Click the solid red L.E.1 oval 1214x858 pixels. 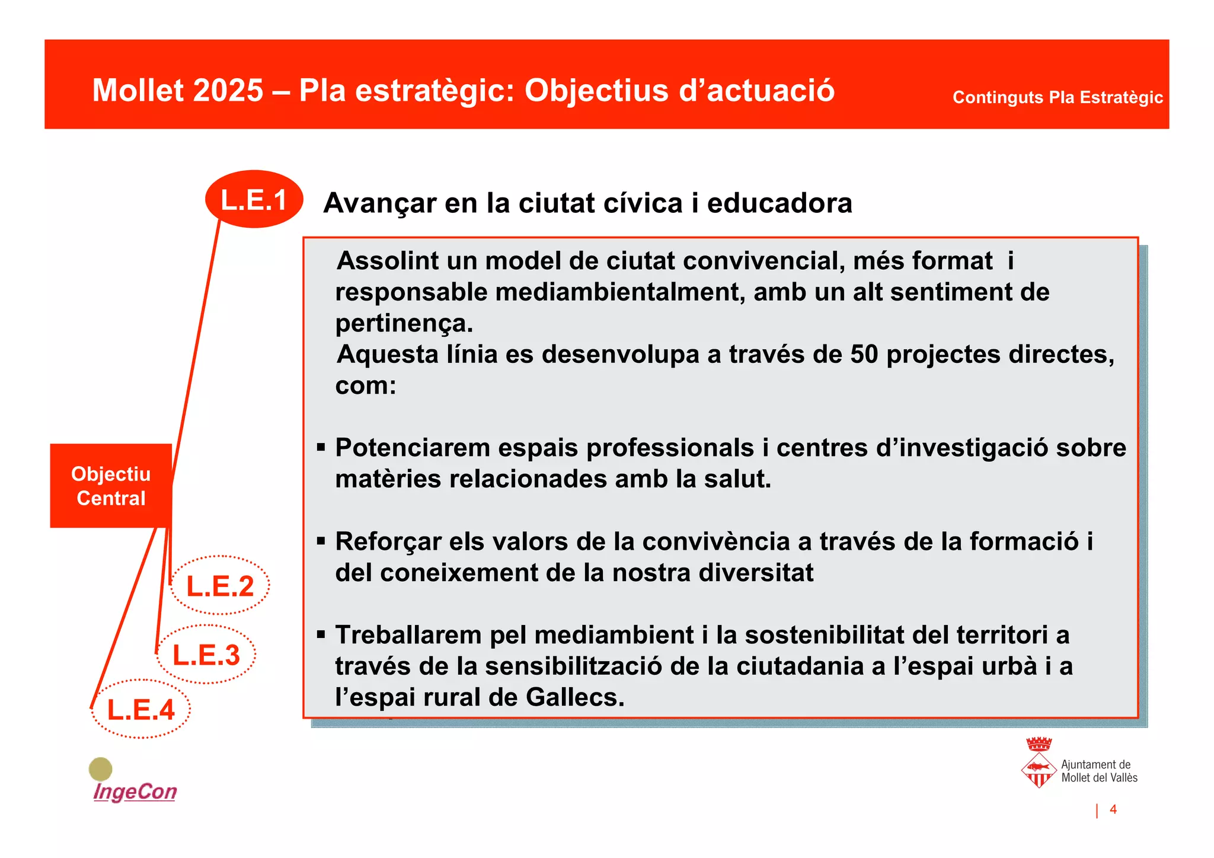(x=254, y=199)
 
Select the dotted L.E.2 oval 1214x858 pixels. (x=220, y=585)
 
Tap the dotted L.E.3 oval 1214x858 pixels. (x=206, y=654)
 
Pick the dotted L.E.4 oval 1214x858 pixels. (x=140, y=709)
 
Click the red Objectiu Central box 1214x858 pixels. (x=111, y=486)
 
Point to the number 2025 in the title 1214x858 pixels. (x=228, y=91)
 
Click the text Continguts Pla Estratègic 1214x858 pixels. (x=1057, y=97)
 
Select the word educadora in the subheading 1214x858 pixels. (x=779, y=203)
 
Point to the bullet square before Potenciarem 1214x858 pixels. (x=321, y=448)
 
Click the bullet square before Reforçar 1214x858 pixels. (x=321, y=541)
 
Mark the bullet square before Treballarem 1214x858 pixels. (x=321, y=635)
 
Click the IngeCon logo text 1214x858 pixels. (x=135, y=792)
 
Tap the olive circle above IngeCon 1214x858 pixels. (x=100, y=769)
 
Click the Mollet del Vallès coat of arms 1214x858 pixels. (x=1039, y=763)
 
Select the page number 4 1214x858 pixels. (x=1113, y=809)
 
